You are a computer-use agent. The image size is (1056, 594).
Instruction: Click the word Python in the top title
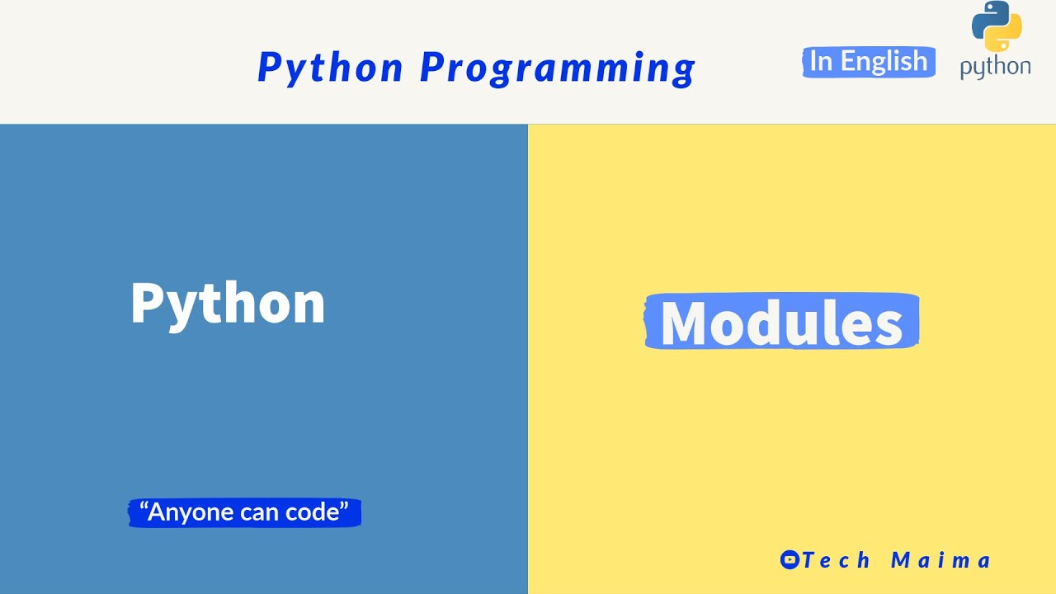(x=330, y=68)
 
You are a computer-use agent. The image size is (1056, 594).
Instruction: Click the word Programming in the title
(x=558, y=68)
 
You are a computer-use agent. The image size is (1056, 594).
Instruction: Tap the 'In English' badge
(x=868, y=62)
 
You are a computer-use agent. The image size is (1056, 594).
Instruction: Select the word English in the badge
(x=884, y=62)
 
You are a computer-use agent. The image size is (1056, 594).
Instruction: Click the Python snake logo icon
(x=997, y=27)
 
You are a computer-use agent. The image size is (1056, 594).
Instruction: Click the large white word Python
(x=228, y=304)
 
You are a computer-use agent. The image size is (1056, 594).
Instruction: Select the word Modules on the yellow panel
(x=781, y=323)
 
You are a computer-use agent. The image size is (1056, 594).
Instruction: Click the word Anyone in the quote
(x=190, y=512)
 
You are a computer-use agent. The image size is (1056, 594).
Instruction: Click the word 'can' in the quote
(x=259, y=512)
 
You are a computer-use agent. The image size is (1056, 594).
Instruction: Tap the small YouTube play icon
(x=790, y=560)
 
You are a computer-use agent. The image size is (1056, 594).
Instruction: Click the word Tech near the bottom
(x=836, y=560)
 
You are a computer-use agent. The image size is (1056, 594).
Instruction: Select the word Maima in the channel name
(x=940, y=560)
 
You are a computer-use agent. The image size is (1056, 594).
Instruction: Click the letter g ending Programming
(x=685, y=70)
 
